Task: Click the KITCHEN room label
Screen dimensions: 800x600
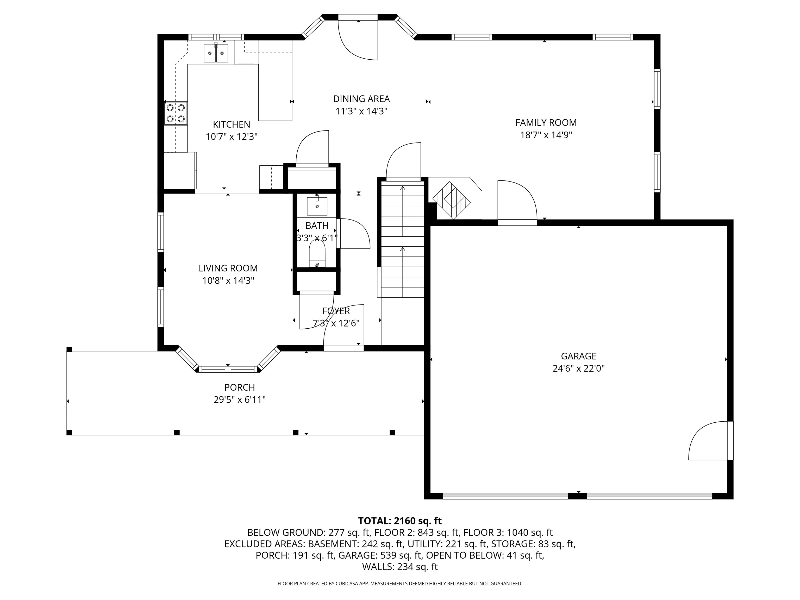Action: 232,124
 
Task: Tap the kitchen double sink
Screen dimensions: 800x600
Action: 216,53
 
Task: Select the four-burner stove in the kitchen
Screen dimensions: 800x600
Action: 176,113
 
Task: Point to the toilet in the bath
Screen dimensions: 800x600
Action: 317,253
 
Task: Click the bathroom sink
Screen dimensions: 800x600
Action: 317,205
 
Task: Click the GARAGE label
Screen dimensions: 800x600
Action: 578,356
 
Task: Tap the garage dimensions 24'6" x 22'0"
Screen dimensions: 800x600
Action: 578,368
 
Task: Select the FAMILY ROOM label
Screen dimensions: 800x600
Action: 546,123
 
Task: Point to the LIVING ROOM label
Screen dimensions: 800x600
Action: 228,268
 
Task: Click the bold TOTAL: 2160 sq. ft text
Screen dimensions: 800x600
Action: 400,521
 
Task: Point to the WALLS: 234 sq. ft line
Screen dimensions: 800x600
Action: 400,567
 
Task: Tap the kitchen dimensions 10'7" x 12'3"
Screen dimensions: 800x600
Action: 232,137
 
